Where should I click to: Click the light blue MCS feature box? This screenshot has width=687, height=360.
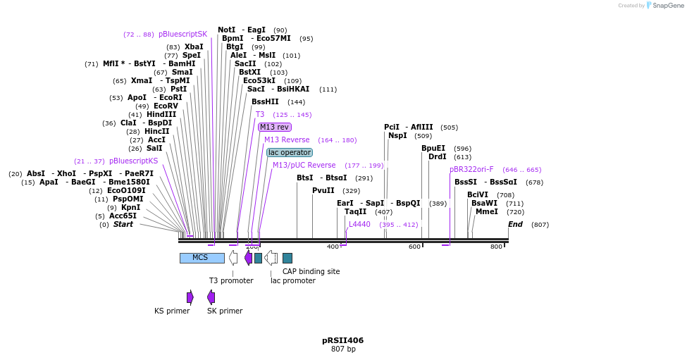pos(202,258)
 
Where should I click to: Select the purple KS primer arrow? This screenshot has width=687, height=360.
pos(190,297)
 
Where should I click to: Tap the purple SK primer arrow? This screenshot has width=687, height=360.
pos(211,297)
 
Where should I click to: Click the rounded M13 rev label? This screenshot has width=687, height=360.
pos(275,127)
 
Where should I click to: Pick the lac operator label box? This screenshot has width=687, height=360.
pos(290,152)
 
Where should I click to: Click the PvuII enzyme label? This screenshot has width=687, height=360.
pos(323,190)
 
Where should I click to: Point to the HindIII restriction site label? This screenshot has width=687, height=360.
pos(161,114)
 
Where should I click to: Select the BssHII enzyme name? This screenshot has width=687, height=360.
pos(265,101)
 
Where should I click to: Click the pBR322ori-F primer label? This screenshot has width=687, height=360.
pos(471,170)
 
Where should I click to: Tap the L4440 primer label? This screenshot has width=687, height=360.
pos(359,224)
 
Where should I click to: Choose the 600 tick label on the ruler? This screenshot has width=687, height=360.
pos(414,247)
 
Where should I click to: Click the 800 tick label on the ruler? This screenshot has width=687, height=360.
pos(496,247)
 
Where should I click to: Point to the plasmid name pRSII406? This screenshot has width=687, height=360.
pos(343,340)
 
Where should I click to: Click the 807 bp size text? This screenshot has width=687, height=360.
pos(344,349)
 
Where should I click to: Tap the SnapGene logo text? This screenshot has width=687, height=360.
pos(668,5)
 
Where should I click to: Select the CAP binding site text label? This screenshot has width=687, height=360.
pos(311,271)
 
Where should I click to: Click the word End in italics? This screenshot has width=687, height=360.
pos(515,224)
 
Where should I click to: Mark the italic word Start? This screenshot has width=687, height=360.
pos(123,224)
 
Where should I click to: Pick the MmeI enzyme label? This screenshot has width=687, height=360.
pos(487,211)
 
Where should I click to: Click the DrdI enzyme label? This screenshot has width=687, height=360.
pos(438,156)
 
